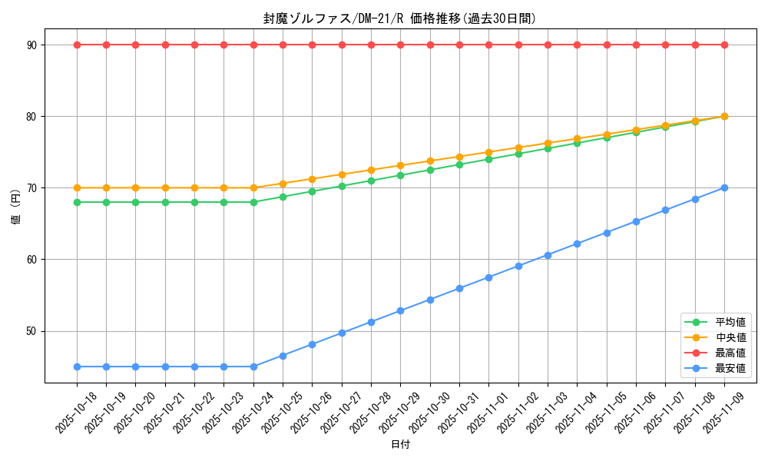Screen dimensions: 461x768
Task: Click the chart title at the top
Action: (x=399, y=18)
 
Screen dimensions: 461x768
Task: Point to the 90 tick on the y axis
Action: (x=35, y=45)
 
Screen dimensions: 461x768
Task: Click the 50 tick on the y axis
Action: (x=35, y=331)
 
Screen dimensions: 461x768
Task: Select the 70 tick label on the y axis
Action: (x=35, y=187)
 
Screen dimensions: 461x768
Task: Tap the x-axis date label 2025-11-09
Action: (x=724, y=413)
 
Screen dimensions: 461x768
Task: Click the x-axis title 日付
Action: (x=400, y=445)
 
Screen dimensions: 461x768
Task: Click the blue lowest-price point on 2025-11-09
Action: (x=724, y=187)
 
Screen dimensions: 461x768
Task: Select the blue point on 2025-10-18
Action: (x=77, y=366)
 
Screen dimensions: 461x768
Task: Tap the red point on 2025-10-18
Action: (x=77, y=45)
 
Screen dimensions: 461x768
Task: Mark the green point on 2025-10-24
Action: (x=253, y=202)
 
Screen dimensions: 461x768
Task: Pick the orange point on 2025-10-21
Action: (x=165, y=187)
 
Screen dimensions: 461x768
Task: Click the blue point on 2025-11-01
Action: (x=488, y=277)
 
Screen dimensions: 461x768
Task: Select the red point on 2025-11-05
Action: (x=607, y=45)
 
